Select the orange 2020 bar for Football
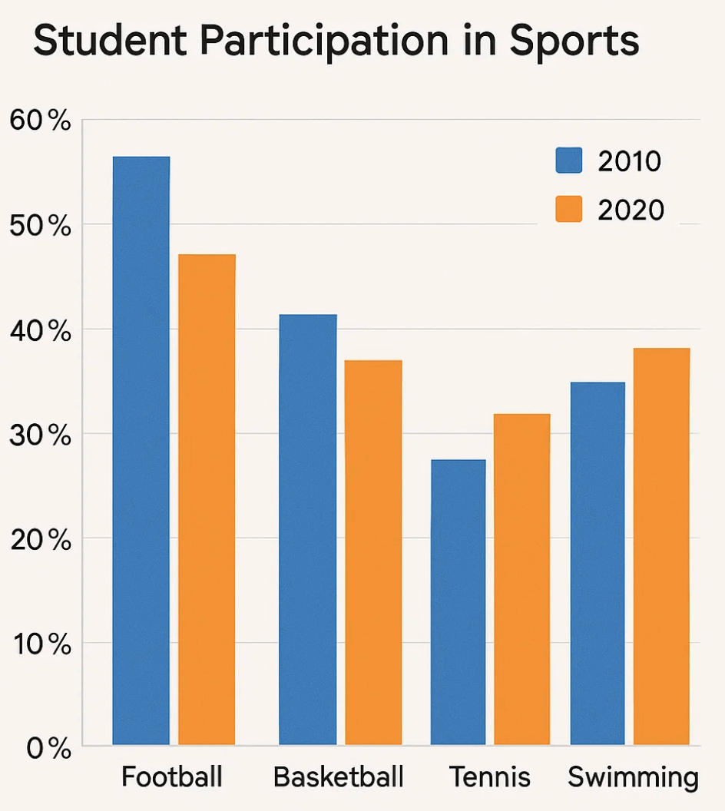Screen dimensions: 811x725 coord(207,499)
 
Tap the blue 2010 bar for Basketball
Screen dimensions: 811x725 coord(307,529)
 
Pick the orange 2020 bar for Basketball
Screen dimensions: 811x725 coord(373,552)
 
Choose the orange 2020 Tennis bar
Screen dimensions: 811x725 coord(522,579)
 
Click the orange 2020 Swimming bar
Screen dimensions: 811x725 coord(662,546)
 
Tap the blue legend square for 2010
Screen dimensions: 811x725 coord(569,161)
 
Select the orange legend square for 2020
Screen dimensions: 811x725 coord(569,209)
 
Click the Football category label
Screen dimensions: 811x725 coord(172,776)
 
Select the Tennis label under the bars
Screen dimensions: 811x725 coord(490,776)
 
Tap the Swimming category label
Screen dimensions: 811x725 coord(633,778)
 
